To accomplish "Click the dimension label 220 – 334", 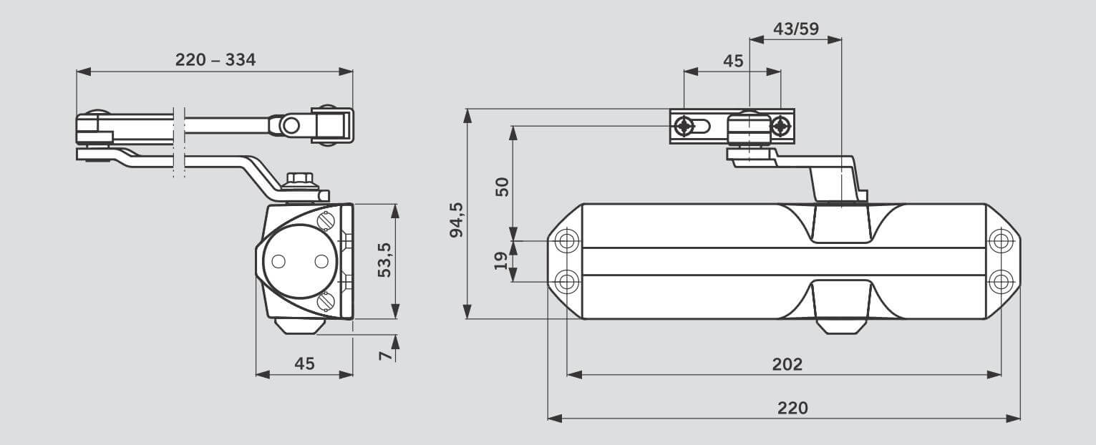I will point(215,60).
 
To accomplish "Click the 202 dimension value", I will point(787,364).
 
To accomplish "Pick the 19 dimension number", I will point(502,260).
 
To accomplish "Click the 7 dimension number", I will point(384,356).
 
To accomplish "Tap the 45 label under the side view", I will point(304,364).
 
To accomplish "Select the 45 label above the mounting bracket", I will point(733,61).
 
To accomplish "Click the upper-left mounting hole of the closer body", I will point(566,240).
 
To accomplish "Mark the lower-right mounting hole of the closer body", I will point(1001,281).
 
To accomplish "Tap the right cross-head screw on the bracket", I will point(780,127).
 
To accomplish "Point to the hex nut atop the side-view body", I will point(297,179).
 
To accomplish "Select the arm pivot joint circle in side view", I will point(290,126).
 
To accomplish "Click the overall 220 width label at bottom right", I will point(792,408).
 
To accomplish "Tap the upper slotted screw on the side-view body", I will point(328,220).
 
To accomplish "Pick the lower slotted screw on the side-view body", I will point(328,301).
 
